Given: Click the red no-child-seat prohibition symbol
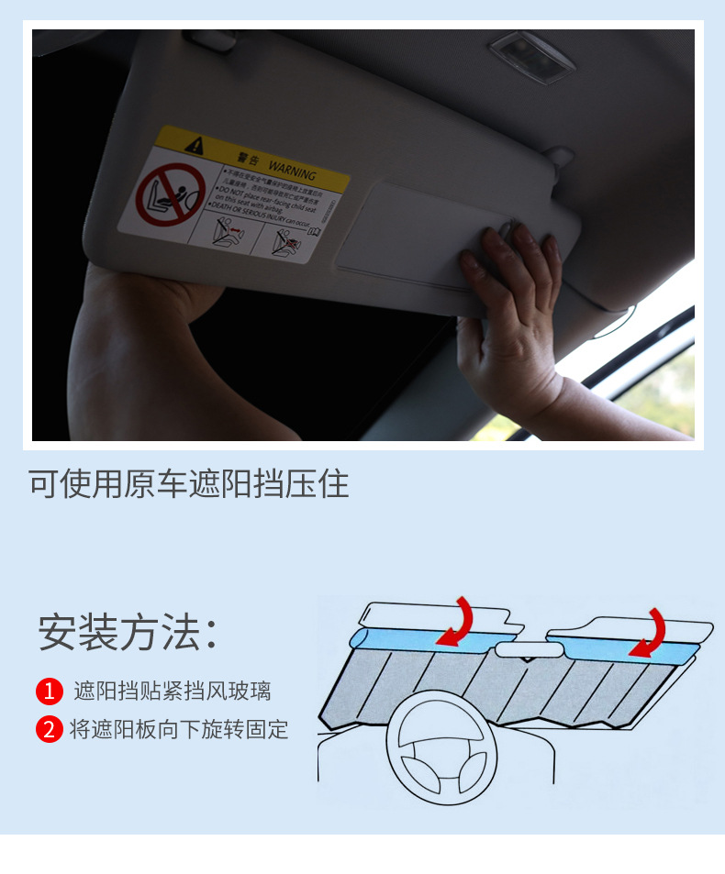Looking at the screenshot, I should (171, 195).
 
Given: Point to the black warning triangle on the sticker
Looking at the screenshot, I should (194, 144).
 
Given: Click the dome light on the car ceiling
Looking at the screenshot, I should (531, 54).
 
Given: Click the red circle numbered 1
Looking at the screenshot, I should (50, 691).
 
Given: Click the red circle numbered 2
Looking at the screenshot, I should (50, 729).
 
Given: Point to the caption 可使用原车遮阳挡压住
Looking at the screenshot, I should (189, 483).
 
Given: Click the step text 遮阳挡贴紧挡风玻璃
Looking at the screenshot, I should (173, 691).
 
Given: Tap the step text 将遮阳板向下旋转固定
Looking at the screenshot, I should (179, 729).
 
